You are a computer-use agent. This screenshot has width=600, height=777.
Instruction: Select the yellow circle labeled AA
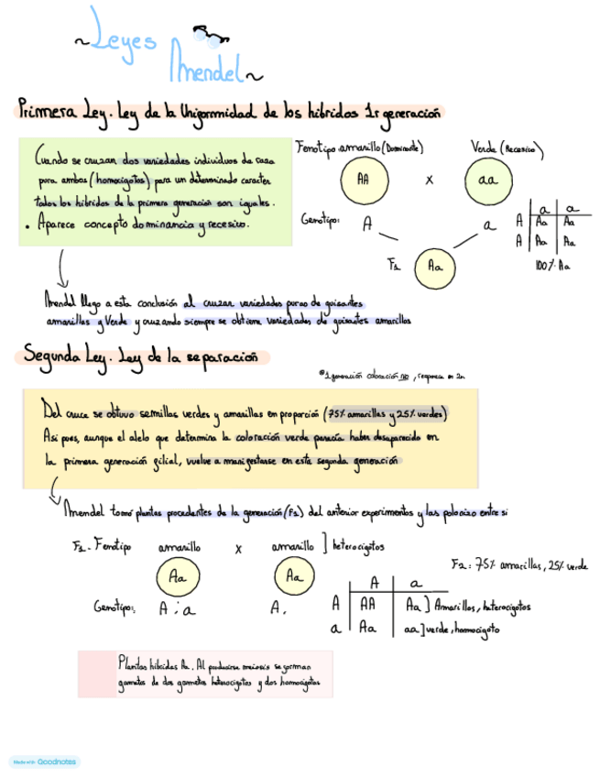(363, 180)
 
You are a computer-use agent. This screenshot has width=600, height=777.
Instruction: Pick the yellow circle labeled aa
(485, 180)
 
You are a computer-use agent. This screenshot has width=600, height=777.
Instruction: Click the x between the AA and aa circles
(429, 180)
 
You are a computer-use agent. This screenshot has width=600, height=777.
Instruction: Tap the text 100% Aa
(551, 266)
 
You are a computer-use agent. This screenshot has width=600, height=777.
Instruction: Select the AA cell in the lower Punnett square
(370, 605)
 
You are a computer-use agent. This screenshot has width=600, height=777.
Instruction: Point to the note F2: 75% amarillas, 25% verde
(519, 566)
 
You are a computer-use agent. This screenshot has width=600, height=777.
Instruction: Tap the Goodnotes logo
(46, 761)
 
